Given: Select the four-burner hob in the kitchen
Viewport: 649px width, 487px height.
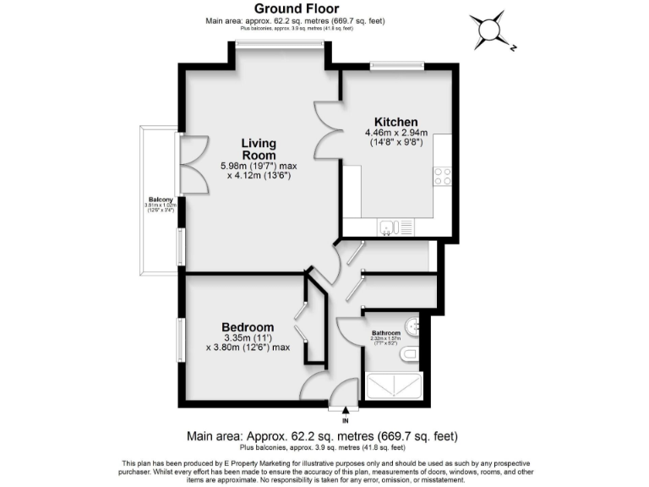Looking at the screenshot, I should (x=442, y=176).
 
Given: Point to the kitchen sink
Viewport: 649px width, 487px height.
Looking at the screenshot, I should (x=390, y=226).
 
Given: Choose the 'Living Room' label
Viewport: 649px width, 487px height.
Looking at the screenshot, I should (x=259, y=150).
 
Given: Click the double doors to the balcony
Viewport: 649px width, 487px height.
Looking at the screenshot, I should (x=188, y=164).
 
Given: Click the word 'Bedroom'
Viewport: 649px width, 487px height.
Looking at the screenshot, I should (x=248, y=327).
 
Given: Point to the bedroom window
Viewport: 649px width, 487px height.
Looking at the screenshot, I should (x=180, y=340).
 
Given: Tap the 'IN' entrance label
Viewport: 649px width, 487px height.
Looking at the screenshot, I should (x=346, y=420).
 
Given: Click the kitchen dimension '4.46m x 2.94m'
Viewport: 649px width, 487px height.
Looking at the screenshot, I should (x=396, y=133).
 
